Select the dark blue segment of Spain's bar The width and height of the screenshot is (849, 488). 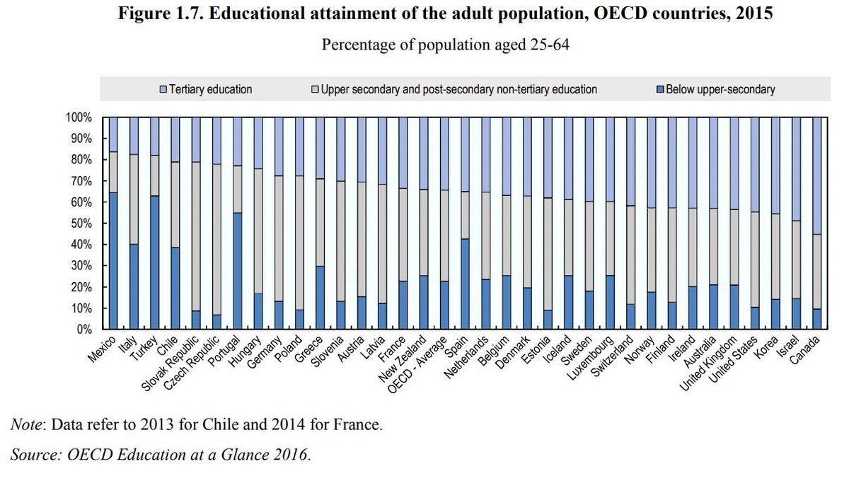(x=465, y=284)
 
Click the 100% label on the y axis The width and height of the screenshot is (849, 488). (x=80, y=117)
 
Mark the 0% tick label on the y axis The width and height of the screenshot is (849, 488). (x=85, y=330)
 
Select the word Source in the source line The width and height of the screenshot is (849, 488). (x=34, y=455)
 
